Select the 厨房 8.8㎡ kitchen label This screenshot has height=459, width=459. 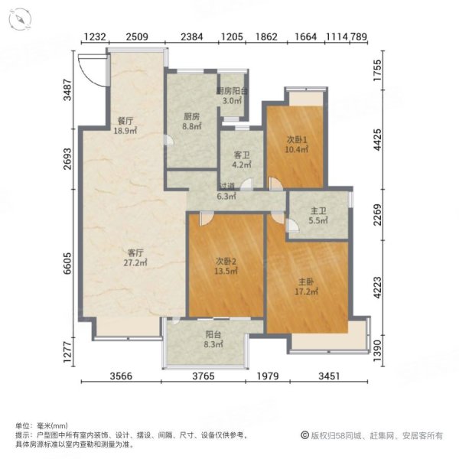(x=191, y=122)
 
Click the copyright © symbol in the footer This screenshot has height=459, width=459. (x=304, y=435)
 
